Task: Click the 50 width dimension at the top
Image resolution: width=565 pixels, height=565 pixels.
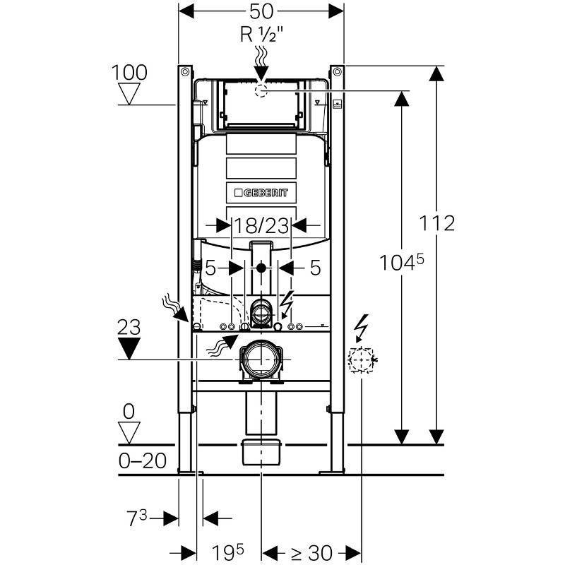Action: (261, 11)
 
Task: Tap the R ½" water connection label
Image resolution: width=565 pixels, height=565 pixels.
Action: (261, 34)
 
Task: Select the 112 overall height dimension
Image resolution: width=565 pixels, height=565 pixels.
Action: (435, 223)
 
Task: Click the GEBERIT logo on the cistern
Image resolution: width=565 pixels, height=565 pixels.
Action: (262, 192)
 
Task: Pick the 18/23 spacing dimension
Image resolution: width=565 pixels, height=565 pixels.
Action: (262, 225)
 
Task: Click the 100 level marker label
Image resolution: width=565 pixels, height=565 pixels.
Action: (129, 72)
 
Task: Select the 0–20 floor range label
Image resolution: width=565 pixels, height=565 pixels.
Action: (141, 461)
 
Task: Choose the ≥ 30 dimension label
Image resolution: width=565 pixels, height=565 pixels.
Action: (311, 552)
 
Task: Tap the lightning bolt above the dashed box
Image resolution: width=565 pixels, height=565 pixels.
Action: (362, 327)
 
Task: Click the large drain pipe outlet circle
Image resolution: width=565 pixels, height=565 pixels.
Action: (262, 359)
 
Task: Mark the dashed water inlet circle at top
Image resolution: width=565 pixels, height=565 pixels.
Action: (261, 90)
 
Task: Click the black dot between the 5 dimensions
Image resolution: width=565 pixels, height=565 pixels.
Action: (261, 268)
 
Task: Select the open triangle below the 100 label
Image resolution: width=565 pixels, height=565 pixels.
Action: (130, 93)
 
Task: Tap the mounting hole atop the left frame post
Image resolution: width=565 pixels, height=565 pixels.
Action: (184, 71)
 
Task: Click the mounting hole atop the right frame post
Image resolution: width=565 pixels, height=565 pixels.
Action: (337, 71)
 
